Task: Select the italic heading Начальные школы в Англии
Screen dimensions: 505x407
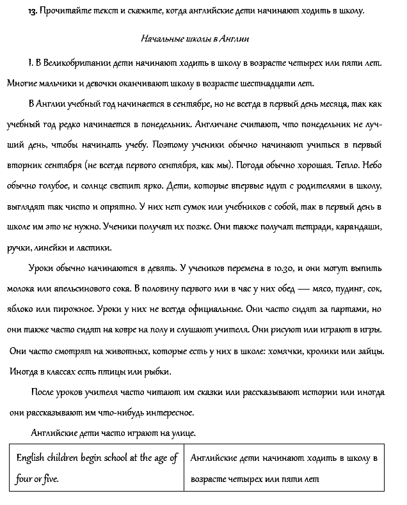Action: (x=195, y=39)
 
